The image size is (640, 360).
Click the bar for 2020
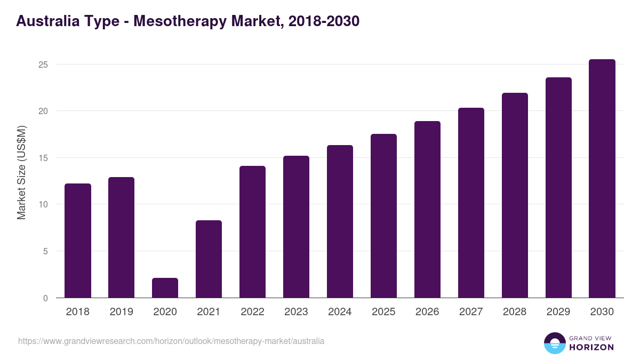165,288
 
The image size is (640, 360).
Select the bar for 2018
78,241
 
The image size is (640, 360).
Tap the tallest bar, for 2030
602,179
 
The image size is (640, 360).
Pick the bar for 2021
209,259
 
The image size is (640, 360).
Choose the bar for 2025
383,216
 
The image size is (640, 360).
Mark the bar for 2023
296,227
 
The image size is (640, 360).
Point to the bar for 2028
515,195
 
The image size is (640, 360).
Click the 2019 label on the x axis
122,312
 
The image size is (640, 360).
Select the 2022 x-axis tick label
252,312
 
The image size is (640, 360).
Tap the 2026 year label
427,312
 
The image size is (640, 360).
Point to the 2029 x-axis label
558,312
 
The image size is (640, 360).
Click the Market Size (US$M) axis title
21,172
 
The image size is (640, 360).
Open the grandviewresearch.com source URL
171,341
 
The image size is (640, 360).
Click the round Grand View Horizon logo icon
555,343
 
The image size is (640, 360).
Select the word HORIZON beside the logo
591,347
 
